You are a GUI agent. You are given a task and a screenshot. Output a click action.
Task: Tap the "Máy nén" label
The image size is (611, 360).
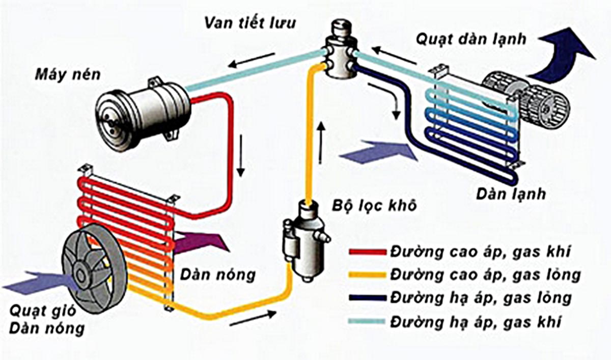coord(68,75)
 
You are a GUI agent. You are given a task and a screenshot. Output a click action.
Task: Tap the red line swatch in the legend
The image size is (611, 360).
coord(368,252)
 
